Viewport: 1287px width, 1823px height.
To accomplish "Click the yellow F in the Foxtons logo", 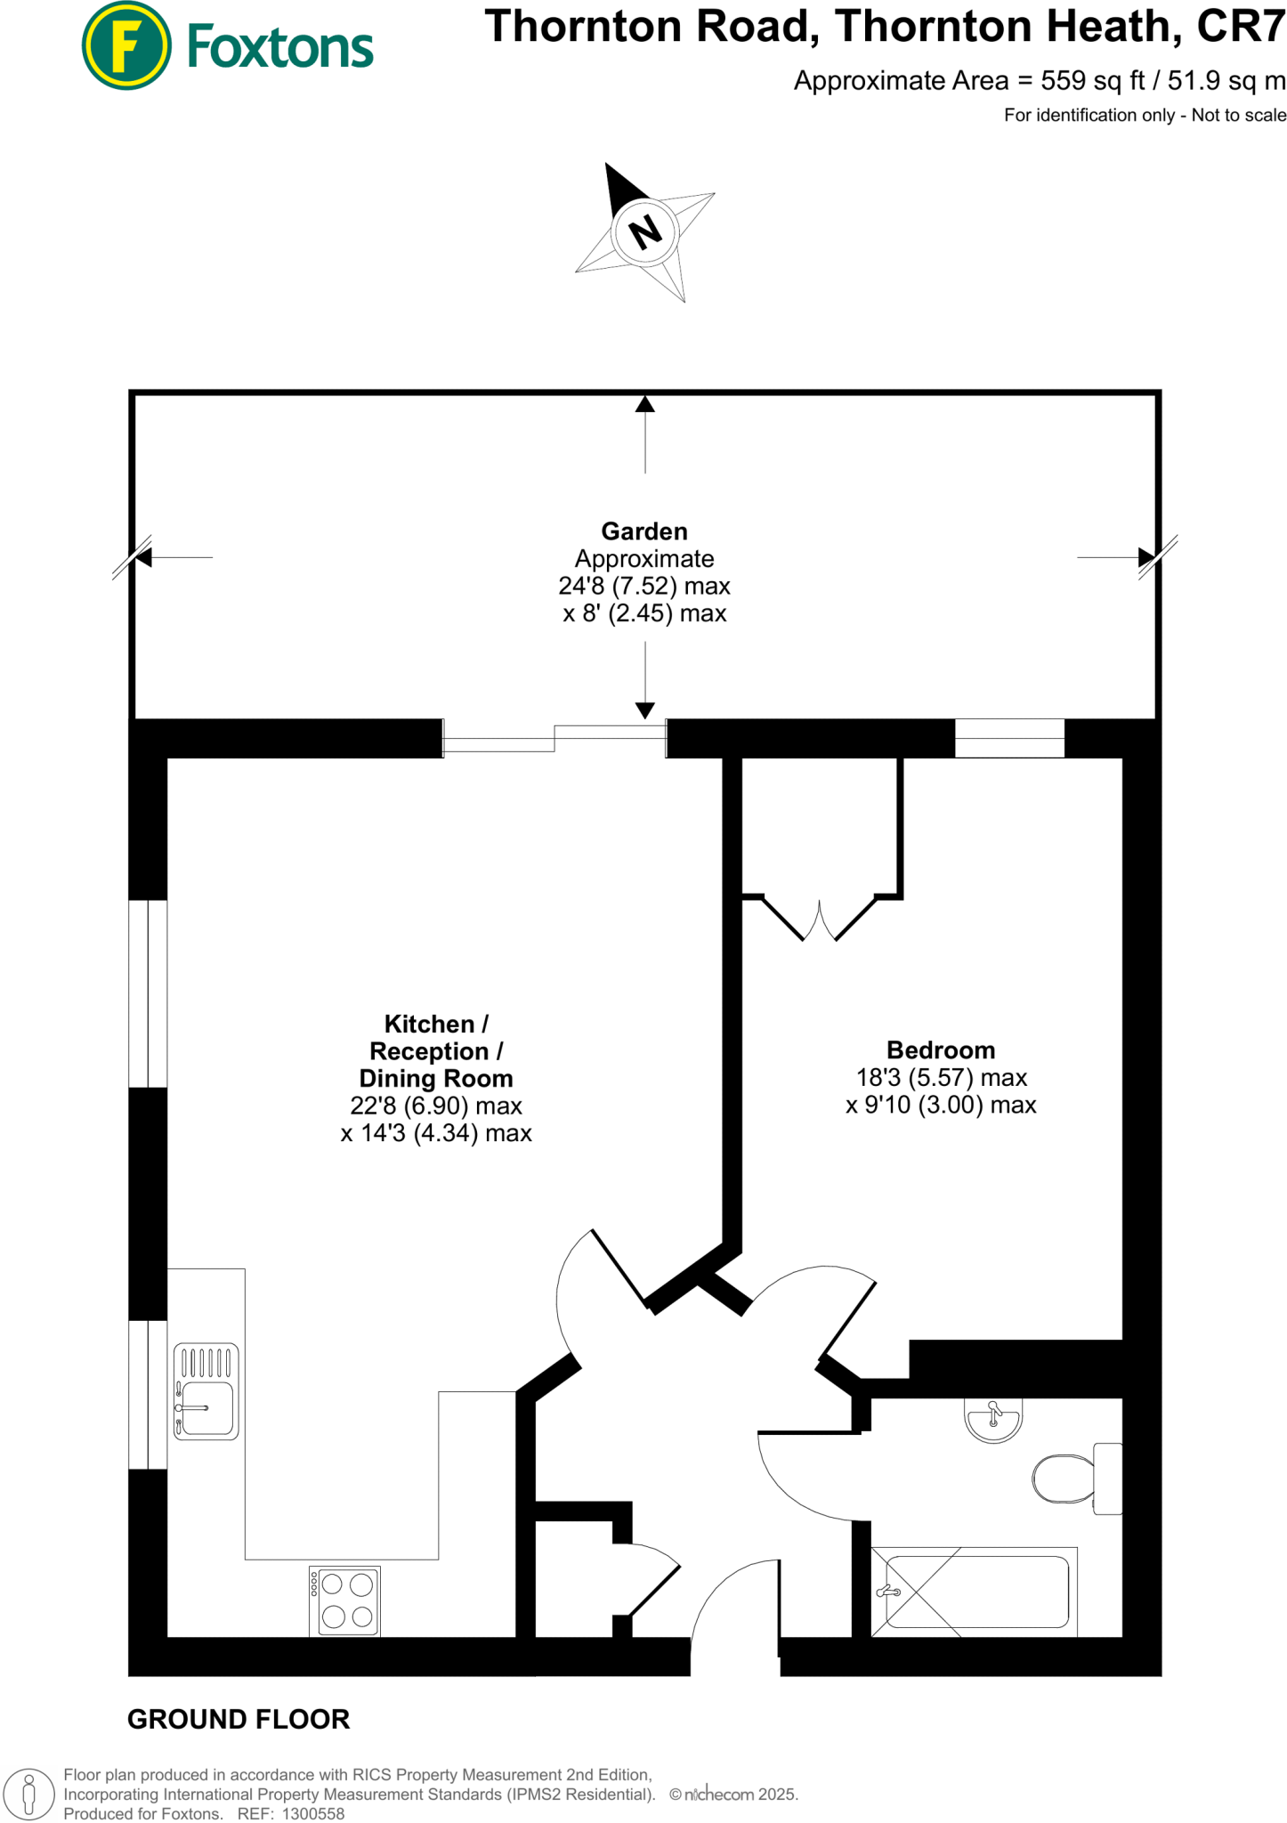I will click(126, 46).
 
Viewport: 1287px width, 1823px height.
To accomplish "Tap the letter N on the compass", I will click(645, 232).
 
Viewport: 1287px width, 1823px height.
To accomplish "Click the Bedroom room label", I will click(941, 1049).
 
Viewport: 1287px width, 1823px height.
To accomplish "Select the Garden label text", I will click(644, 531).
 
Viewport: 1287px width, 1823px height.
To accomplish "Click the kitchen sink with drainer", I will click(206, 1391).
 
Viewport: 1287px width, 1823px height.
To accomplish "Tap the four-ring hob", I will click(345, 1600).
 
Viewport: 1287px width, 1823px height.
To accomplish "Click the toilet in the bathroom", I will click(1068, 1479).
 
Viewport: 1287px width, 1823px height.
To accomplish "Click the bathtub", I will click(975, 1592).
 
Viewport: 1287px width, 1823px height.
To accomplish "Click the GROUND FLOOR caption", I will click(239, 1719).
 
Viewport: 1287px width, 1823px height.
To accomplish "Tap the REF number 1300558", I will click(312, 1814).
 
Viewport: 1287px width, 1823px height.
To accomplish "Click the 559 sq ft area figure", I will click(1093, 81).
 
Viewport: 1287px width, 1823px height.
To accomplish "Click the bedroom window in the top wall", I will click(1009, 738).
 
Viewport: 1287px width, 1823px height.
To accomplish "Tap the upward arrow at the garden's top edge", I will click(645, 405).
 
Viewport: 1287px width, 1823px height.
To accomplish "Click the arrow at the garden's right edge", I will click(1146, 558).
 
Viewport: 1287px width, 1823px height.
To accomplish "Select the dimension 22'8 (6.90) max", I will click(436, 1106).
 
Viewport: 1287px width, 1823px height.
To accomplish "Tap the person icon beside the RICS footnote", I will click(29, 1794).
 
